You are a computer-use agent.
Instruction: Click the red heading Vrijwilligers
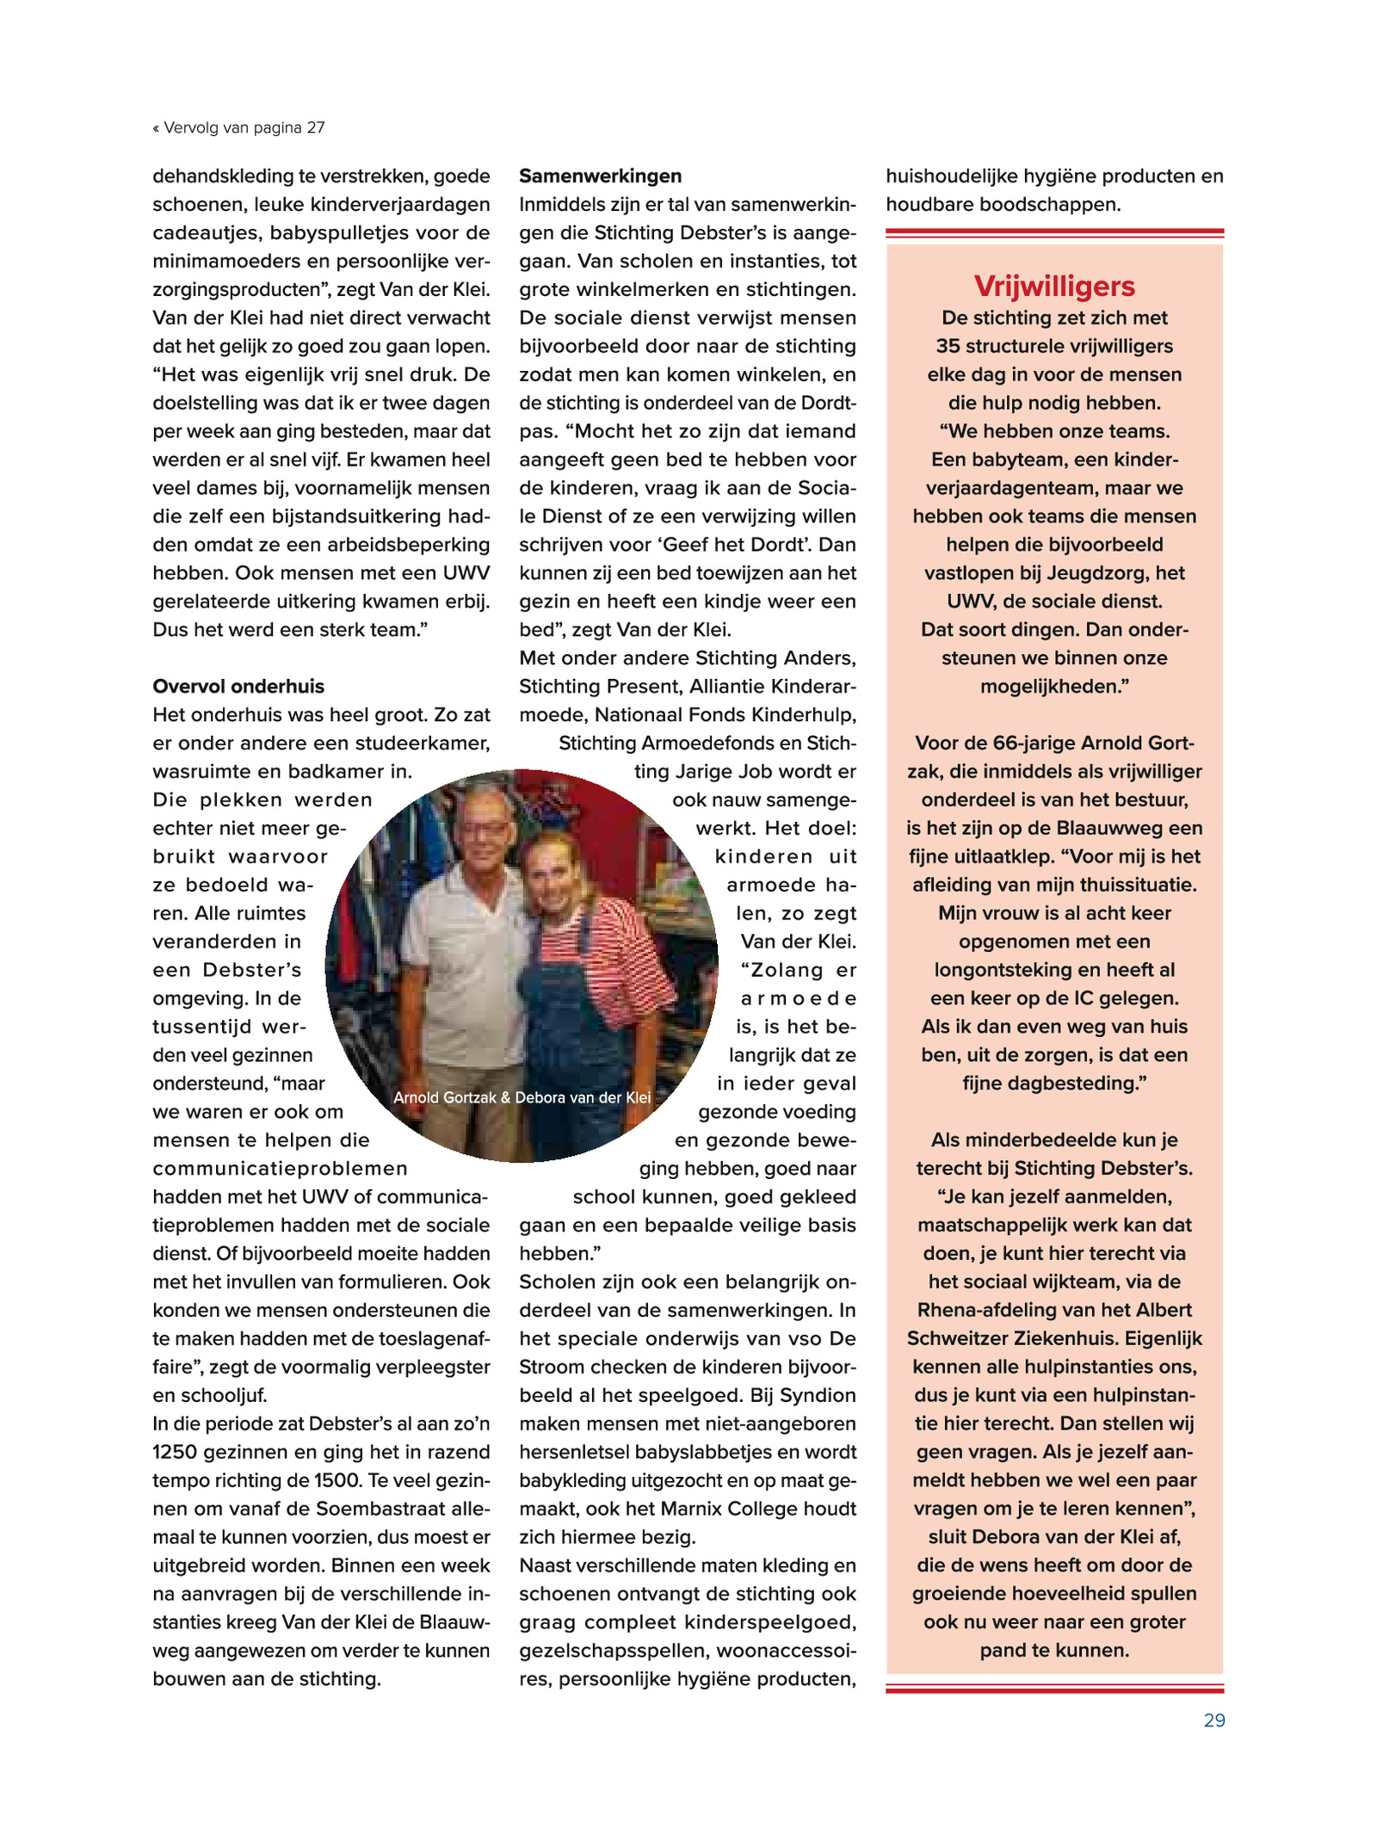click(x=1054, y=286)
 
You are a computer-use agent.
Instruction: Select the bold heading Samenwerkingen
click(x=600, y=176)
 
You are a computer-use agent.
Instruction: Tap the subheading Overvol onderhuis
click(x=238, y=686)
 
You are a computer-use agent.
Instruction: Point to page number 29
click(x=1213, y=1719)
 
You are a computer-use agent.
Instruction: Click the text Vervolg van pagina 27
click(x=244, y=128)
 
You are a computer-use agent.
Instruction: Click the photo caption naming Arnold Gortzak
click(x=522, y=1097)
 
